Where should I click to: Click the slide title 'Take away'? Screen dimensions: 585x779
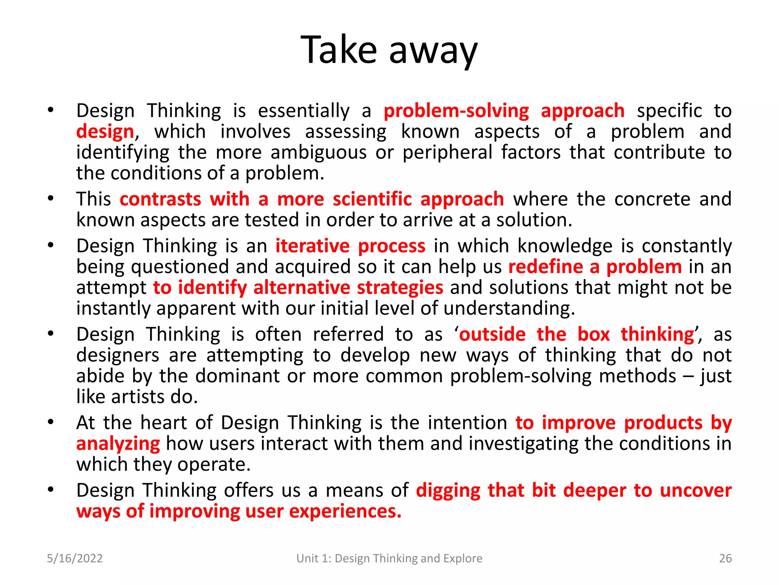coord(389,50)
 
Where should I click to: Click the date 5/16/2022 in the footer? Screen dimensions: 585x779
coord(75,558)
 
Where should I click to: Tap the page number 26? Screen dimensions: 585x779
coord(725,558)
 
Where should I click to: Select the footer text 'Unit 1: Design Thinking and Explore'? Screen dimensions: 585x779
coord(389,558)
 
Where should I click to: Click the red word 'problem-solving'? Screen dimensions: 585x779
coord(456,111)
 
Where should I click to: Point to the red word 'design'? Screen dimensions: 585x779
coord(105,132)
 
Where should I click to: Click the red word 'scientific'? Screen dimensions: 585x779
coord(372,199)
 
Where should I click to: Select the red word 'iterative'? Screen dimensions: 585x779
coord(312,246)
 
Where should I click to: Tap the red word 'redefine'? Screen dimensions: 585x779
coord(545,267)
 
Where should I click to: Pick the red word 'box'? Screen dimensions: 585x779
coord(593,334)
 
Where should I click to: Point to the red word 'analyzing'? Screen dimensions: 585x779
coord(118,444)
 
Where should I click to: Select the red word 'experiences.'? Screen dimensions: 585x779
coord(345,511)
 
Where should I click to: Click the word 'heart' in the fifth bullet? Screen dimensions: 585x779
coord(164,423)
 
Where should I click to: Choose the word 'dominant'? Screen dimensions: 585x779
coord(237,376)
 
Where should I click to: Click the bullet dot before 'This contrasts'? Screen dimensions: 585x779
coord(51,198)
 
